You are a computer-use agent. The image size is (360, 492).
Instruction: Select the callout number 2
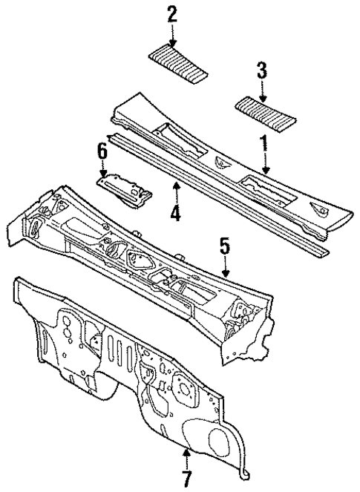click(172, 13)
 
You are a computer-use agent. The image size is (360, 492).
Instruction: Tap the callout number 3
click(262, 71)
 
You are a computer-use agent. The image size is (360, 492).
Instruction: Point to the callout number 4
click(174, 215)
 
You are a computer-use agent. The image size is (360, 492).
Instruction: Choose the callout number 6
click(103, 150)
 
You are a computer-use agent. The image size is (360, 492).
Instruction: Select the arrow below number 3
click(262, 91)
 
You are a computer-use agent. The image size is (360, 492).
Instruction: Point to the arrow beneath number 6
click(103, 168)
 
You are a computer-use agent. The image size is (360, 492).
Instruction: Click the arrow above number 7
click(187, 454)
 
